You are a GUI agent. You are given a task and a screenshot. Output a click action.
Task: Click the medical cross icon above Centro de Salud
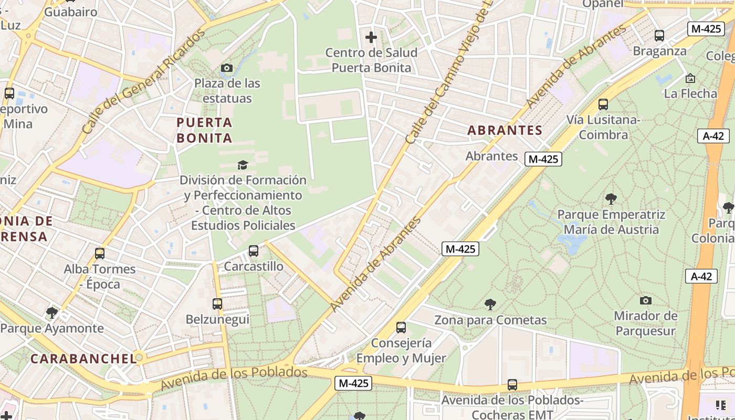tap(371, 37)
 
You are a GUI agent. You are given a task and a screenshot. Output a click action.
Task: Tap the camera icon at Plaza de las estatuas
tap(227, 68)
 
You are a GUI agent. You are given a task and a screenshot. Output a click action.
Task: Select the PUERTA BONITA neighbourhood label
tap(204, 130)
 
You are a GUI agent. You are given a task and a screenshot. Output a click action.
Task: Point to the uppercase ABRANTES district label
tap(505, 130)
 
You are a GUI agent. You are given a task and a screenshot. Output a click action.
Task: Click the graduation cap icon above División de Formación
tap(242, 165)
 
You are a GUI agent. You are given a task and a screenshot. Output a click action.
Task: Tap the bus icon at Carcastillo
tap(254, 251)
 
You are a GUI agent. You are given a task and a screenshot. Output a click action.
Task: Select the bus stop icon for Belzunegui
tap(217, 304)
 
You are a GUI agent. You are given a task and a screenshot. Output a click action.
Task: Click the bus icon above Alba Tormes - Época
tap(100, 254)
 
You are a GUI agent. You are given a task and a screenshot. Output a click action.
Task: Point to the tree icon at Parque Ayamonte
tap(51, 313)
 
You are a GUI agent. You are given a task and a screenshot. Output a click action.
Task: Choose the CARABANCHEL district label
tap(83, 359)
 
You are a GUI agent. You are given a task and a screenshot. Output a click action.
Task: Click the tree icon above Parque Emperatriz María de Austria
tap(611, 199)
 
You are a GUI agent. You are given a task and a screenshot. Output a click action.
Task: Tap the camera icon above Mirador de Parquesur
tap(646, 301)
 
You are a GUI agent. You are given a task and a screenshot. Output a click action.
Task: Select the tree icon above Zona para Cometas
tap(490, 304)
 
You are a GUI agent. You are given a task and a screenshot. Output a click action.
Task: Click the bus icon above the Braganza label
tap(659, 36)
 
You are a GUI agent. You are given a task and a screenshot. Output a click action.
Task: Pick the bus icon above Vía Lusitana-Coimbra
tap(603, 104)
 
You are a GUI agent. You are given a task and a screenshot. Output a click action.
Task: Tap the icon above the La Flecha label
tap(690, 78)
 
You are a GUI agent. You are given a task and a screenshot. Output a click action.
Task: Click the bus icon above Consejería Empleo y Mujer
tap(401, 328)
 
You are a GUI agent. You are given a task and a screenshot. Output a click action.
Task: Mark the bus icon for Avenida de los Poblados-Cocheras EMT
tap(512, 385)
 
